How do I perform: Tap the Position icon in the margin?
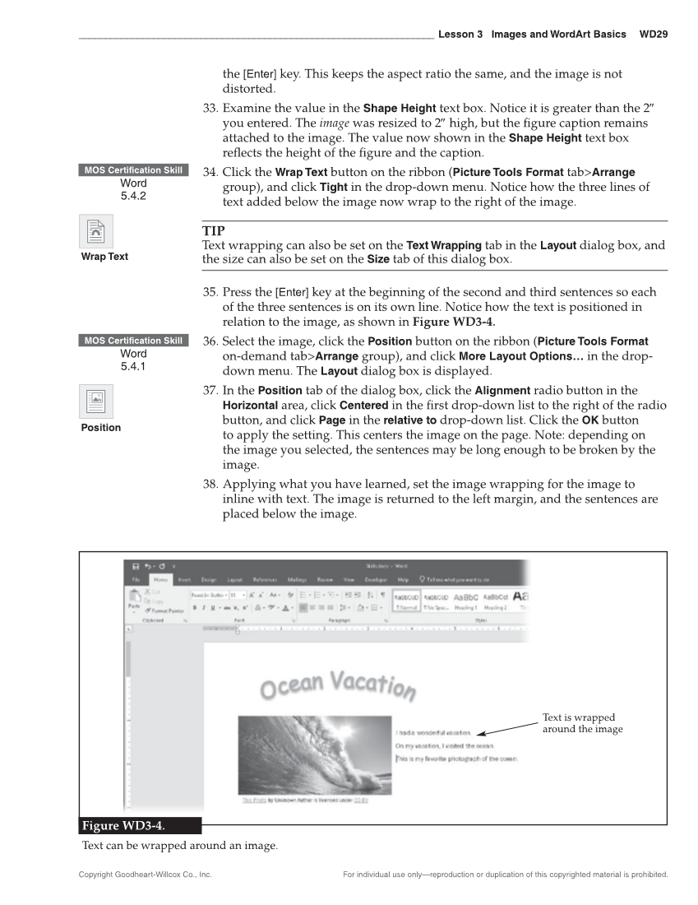point(96,402)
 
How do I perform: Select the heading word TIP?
point(213,232)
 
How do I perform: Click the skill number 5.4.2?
point(133,196)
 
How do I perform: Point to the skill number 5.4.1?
point(133,366)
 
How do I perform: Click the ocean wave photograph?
point(313,753)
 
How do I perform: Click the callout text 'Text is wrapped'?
point(578,717)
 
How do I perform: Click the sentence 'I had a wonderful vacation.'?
point(433,732)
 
